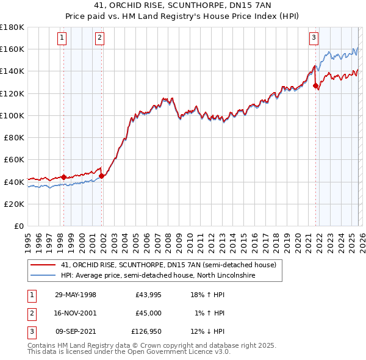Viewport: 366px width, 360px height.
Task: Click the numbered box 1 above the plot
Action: coord(63,38)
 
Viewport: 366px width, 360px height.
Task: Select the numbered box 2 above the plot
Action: coord(99,38)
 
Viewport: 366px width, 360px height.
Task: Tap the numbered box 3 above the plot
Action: coord(314,38)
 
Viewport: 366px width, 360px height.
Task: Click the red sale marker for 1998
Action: coord(63,177)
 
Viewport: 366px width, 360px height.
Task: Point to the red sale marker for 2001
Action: coord(101,176)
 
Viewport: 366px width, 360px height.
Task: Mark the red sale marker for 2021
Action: coord(315,86)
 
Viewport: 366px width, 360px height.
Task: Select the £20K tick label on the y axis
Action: coord(15,204)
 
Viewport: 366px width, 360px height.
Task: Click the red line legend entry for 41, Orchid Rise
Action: coord(168,265)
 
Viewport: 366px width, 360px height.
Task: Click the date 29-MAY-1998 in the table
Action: coord(76,295)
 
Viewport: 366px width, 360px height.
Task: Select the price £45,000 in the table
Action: coord(148,313)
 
